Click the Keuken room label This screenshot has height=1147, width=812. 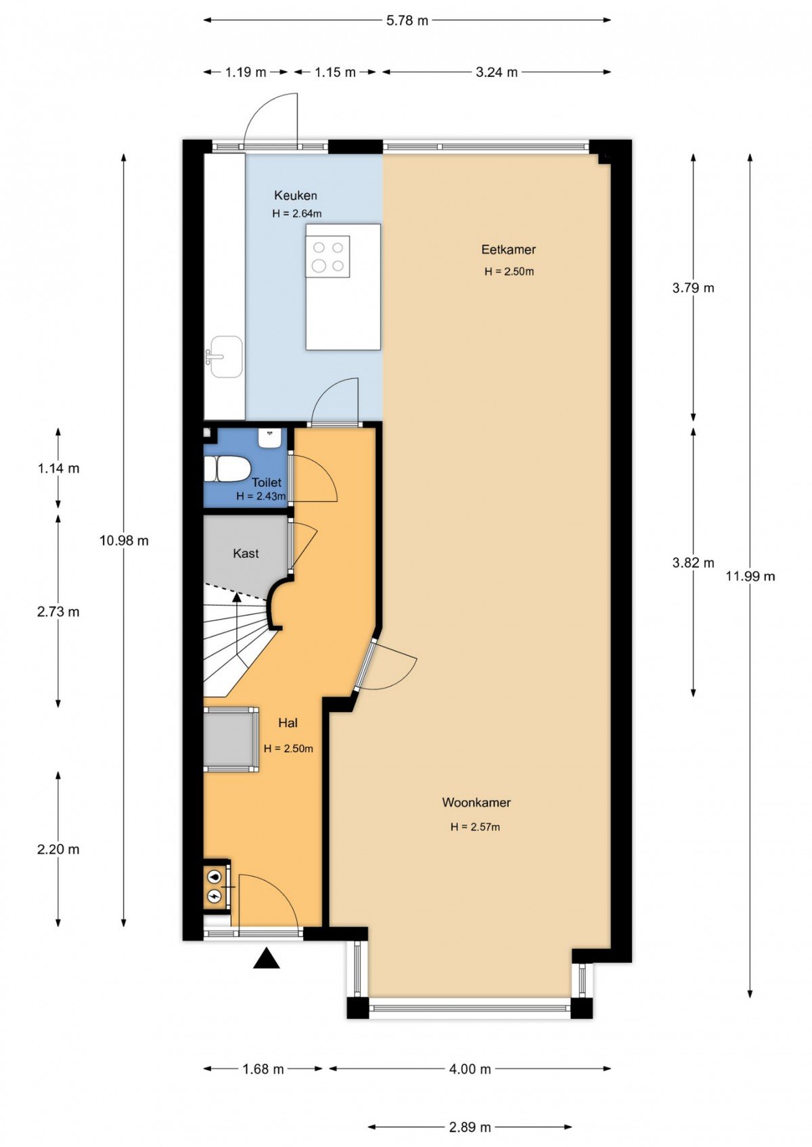296,195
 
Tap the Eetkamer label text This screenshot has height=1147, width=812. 509,250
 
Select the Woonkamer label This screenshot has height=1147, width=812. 476,802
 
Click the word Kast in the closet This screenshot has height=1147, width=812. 246,553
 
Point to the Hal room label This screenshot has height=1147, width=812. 288,723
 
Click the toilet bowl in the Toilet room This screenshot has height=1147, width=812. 227,469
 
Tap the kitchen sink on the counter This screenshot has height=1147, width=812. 224,357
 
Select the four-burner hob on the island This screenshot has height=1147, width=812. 328,256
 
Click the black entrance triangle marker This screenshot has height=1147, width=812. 267,958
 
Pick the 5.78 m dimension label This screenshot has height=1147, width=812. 407,20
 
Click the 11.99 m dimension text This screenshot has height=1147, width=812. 750,577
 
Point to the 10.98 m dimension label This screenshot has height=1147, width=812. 124,540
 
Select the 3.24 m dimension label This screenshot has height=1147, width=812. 497,72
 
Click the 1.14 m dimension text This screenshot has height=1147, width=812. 58,468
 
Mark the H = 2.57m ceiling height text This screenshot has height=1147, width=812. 476,826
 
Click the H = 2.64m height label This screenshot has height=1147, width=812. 296,214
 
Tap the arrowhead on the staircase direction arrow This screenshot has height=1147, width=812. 237,596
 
